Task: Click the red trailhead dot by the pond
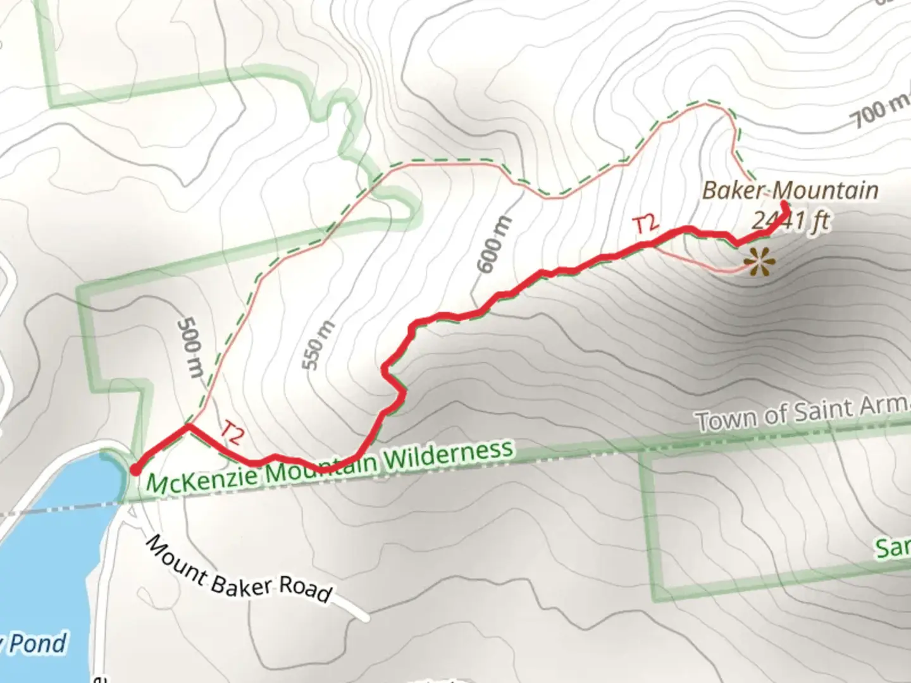[x=135, y=469]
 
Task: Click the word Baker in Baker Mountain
[x=734, y=190]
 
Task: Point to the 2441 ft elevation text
[x=791, y=221]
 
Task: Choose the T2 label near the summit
[x=646, y=225]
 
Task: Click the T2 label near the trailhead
[x=232, y=432]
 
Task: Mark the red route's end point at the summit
[x=784, y=206]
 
